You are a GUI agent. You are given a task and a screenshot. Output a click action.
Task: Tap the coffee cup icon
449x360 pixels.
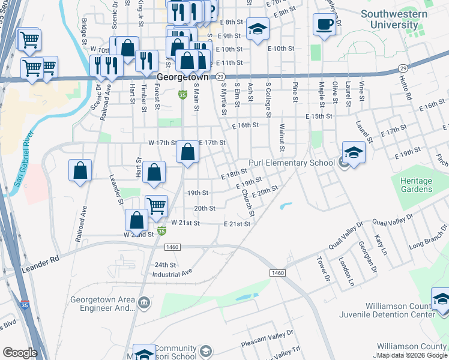(324, 25)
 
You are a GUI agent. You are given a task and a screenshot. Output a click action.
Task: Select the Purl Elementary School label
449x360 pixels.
(292, 163)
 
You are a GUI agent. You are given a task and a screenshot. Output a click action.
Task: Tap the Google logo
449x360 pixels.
(20, 353)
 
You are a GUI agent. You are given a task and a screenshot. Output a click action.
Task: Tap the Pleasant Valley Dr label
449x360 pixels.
(267, 335)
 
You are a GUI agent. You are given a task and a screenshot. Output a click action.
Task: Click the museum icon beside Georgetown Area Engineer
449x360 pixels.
(143, 304)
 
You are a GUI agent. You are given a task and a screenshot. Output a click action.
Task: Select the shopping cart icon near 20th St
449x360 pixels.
(157, 205)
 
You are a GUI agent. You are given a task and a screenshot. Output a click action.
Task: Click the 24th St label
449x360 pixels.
(164, 264)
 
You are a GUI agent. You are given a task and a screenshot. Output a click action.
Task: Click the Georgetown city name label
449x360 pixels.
(182, 77)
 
